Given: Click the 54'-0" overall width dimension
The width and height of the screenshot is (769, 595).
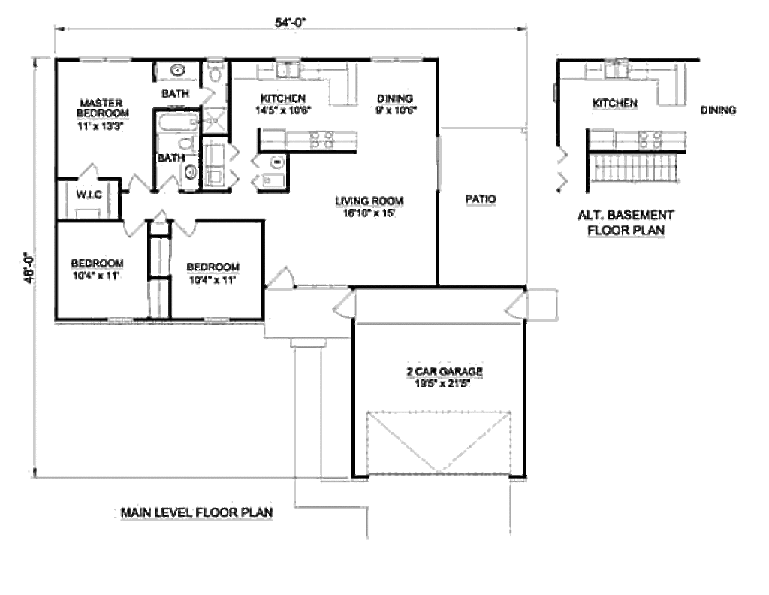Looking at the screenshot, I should (x=291, y=23).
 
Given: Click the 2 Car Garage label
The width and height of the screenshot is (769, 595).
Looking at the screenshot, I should (x=439, y=371).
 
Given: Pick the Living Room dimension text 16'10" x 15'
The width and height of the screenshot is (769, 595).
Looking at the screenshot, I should (x=369, y=213).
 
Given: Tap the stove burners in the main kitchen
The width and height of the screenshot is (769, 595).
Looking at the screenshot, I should (x=323, y=138).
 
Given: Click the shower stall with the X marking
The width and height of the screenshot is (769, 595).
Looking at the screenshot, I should (x=216, y=119).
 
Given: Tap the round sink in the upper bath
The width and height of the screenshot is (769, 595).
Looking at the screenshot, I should (x=178, y=71).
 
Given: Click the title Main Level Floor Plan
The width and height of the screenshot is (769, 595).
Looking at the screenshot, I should (x=197, y=513).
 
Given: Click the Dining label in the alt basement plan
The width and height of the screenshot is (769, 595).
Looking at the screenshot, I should (x=718, y=110).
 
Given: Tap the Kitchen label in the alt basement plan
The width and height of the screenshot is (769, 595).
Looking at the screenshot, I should (x=615, y=103).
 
